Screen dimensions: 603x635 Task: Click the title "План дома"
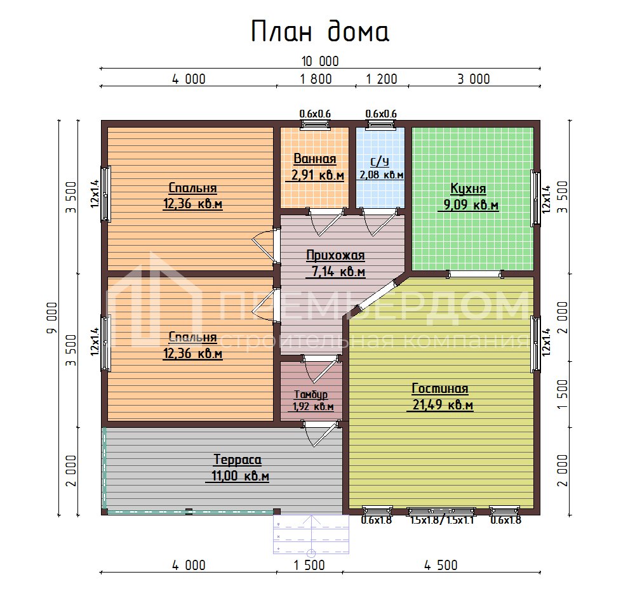pyautogui.click(x=319, y=32)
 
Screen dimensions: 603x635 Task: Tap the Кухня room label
pyautogui.click(x=468, y=189)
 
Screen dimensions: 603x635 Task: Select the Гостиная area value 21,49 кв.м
pyautogui.click(x=439, y=406)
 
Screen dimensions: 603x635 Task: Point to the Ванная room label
pyautogui.click(x=315, y=159)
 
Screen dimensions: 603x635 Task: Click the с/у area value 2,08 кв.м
pyautogui.click(x=381, y=175)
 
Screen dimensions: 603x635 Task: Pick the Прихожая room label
pyautogui.click(x=335, y=256)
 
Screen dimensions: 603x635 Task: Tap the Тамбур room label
pyautogui.click(x=311, y=394)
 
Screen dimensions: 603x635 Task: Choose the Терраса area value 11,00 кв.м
pyautogui.click(x=237, y=476)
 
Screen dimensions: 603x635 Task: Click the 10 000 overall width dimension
pyautogui.click(x=319, y=62)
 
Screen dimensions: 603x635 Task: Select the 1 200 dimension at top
pyautogui.click(x=381, y=79)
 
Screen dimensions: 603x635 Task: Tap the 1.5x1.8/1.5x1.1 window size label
pyautogui.click(x=441, y=521)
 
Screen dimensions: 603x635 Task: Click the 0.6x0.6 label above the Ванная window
pyautogui.click(x=315, y=114)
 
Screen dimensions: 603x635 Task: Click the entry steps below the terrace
pyautogui.click(x=311, y=533)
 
